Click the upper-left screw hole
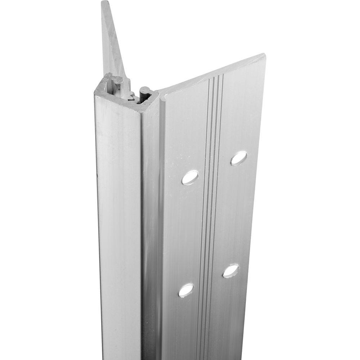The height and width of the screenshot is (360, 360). click(x=190, y=177)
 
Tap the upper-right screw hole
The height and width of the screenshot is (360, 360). click(x=239, y=158)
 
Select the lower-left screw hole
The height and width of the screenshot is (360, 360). click(x=186, y=290)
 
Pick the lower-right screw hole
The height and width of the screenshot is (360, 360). click(x=230, y=271)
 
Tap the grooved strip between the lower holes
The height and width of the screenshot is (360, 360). click(x=207, y=281)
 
